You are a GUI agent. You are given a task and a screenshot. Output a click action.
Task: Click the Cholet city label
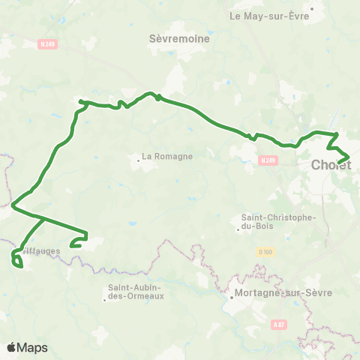pos(331,165)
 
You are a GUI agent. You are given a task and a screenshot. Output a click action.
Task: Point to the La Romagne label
pos(167,157)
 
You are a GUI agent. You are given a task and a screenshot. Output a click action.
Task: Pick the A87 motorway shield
pos(279,324)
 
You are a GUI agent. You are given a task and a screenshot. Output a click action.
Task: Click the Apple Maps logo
pos(27,347)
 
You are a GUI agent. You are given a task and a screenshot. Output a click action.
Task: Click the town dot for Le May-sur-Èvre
pos(312,8)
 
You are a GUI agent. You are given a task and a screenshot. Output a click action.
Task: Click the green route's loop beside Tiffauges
pos(16,259)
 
